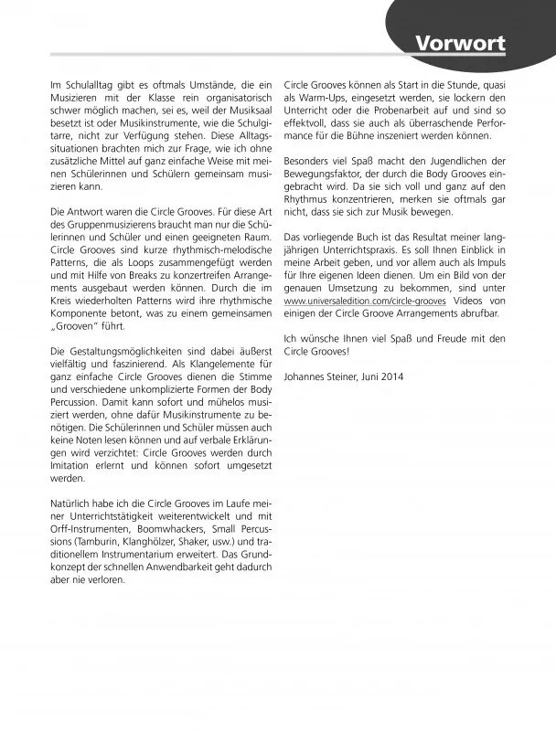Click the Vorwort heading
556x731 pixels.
(x=460, y=43)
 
